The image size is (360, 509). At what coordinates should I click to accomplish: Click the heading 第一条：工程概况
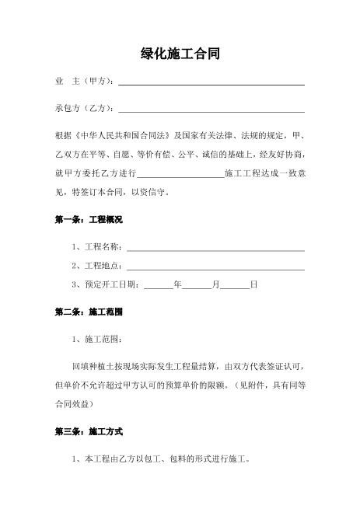point(88,220)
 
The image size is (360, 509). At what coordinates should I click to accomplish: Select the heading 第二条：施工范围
point(88,312)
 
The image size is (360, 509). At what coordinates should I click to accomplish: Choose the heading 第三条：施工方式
point(88,431)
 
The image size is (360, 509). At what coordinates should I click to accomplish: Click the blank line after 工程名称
point(215,249)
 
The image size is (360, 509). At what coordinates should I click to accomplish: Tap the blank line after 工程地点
point(215,267)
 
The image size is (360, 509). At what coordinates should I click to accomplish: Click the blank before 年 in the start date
point(159,287)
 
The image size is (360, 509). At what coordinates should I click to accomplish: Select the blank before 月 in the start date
point(197,287)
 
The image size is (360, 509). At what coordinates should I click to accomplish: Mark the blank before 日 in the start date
point(236,287)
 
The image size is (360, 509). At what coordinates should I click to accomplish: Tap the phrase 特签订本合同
point(101,191)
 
